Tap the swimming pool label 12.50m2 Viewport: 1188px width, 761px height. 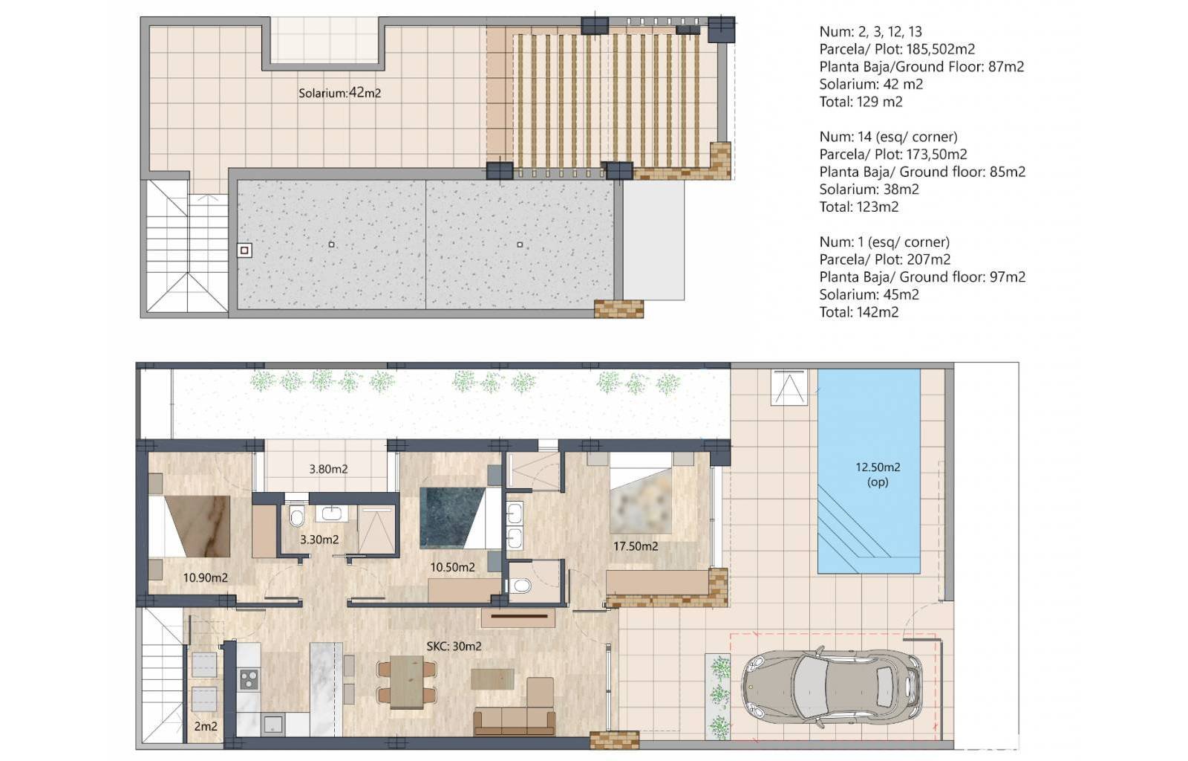878,467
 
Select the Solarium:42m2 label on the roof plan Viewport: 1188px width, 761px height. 339,92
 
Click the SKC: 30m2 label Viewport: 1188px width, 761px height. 454,646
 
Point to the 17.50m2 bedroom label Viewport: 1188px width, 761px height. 636,545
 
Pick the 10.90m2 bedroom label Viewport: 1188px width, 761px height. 205,577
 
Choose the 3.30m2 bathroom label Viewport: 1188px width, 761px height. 319,540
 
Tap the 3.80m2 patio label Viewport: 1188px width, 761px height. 328,469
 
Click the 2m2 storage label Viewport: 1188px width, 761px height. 205,726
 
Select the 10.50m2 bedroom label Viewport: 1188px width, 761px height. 452,567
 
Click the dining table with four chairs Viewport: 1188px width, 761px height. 407,682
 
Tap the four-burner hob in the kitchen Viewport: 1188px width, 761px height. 249,679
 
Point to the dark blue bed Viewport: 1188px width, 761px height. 452,518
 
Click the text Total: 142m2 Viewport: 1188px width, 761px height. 858,312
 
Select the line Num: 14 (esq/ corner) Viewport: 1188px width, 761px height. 888,137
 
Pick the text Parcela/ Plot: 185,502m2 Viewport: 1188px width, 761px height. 898,49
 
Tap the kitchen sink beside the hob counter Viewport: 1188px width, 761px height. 274,725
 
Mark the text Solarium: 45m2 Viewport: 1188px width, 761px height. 869,294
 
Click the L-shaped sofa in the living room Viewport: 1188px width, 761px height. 515,712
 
